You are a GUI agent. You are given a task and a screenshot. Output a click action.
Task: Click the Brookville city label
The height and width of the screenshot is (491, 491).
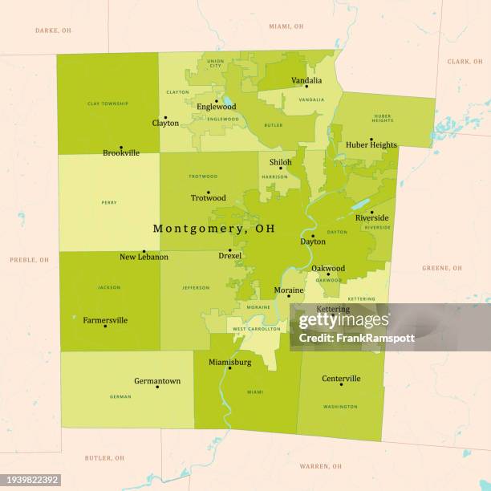(x=121, y=152)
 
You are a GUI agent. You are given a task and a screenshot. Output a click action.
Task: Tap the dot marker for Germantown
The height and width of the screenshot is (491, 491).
(x=157, y=387)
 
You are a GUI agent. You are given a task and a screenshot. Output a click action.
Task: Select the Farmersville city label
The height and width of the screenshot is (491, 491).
(x=105, y=320)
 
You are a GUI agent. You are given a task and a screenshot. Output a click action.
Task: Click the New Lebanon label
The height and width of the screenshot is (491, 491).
(x=144, y=257)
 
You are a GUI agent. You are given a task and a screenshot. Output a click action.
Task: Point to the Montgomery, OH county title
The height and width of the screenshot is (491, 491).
(x=213, y=229)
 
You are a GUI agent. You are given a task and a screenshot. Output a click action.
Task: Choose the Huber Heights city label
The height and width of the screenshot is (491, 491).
(x=371, y=145)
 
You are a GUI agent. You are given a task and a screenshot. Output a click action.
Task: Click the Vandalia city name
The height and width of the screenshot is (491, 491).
(x=306, y=80)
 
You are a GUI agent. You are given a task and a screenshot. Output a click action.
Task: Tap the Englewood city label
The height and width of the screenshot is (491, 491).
(x=216, y=107)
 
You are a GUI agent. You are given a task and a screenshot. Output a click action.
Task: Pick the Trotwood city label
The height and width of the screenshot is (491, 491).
(x=208, y=198)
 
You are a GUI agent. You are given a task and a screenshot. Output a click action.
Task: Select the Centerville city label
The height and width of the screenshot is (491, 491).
(x=341, y=379)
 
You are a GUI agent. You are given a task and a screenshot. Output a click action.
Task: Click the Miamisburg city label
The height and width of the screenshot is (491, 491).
(x=230, y=362)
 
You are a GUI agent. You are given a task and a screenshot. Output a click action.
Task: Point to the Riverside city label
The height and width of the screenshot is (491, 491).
(x=371, y=218)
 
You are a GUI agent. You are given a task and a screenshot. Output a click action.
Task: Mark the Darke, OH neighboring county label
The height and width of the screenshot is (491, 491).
(x=53, y=30)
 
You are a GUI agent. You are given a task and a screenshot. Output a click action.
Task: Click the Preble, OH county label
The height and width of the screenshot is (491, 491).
(x=29, y=260)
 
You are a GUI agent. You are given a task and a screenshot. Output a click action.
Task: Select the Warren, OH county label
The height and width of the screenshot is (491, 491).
(x=319, y=465)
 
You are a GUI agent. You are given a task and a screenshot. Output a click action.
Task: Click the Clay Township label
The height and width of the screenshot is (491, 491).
(x=108, y=103)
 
